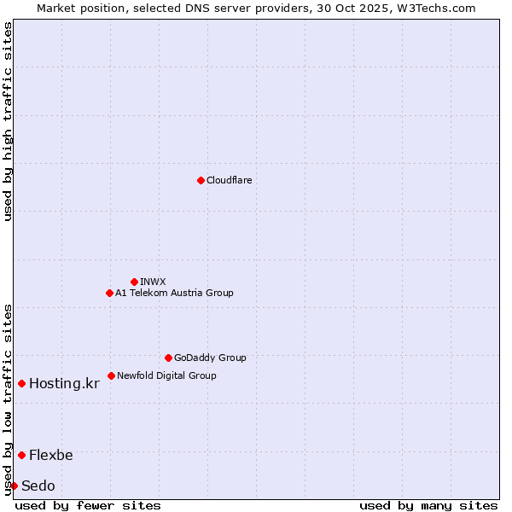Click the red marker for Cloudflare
coord(201,180)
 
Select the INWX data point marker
coord(134,282)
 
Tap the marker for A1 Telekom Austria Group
coord(109,293)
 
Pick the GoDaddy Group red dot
coord(168,358)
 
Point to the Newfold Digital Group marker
coord(111,375)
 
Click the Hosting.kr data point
coord(21,383)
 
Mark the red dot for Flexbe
coord(21,455)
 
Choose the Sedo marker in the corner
coord(14,486)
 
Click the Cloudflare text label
coord(229,180)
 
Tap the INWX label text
coord(153,282)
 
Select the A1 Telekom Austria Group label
coord(174,293)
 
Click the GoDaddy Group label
coord(210,358)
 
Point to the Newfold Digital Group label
coord(166,375)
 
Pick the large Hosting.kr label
coord(64,384)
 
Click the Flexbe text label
coord(51,456)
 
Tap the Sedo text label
coord(38,486)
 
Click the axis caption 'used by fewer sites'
coord(88,505)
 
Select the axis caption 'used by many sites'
coord(428,505)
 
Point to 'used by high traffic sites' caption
coord(9,121)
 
